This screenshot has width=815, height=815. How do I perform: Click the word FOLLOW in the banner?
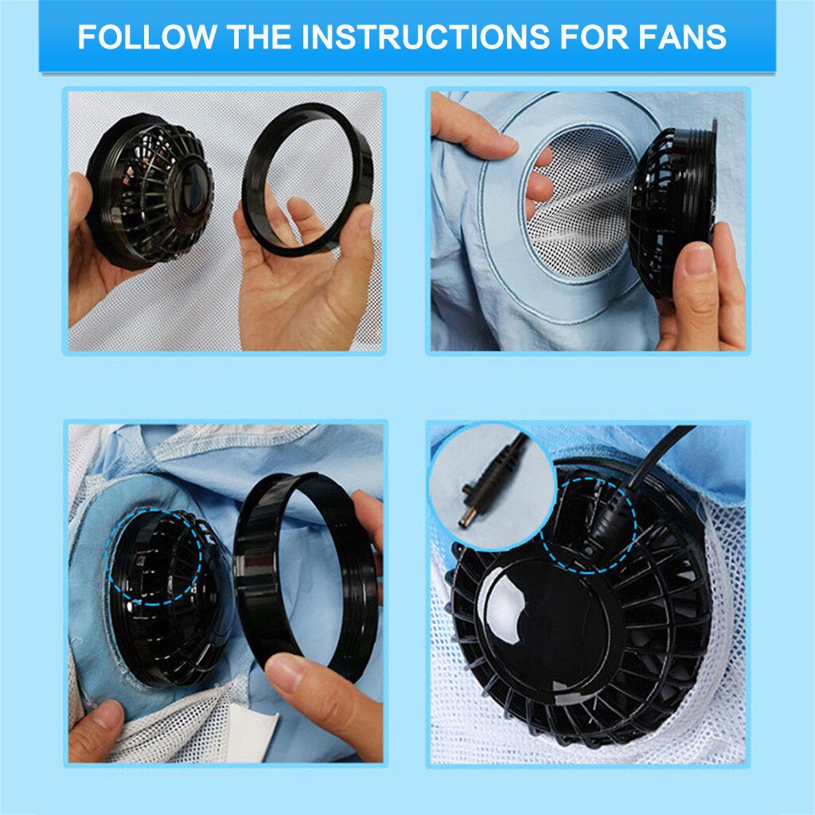coord(146,37)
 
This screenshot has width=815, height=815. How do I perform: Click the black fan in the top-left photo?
coord(151,191)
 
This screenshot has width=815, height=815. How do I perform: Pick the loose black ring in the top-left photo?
coord(307,179)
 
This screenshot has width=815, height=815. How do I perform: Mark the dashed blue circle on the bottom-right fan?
coord(589,525)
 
